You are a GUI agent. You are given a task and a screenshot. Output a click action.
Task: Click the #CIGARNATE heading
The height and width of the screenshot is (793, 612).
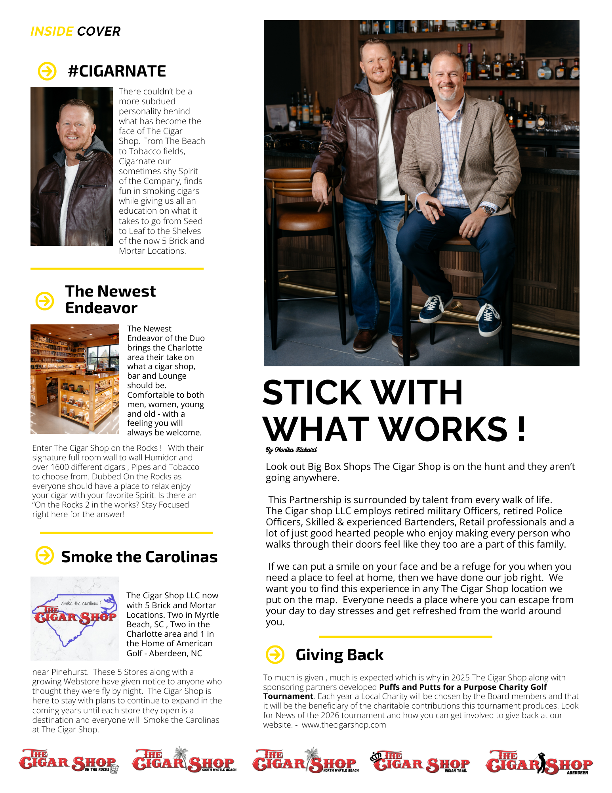click(117, 71)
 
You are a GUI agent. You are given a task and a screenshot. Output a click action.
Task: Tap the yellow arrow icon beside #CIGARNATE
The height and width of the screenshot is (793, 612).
click(47, 71)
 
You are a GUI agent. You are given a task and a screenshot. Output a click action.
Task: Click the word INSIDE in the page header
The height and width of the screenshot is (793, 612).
click(52, 31)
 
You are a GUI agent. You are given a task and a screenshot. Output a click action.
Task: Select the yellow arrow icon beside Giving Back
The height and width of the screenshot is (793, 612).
click(275, 654)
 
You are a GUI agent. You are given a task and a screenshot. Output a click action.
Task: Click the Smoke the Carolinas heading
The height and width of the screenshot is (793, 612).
click(139, 557)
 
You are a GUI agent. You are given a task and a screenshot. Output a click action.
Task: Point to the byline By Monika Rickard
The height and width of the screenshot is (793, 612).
click(291, 450)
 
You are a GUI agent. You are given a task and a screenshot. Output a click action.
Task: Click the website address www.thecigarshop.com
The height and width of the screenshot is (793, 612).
click(344, 725)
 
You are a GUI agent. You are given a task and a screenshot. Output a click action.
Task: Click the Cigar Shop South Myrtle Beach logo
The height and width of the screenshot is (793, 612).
click(184, 760)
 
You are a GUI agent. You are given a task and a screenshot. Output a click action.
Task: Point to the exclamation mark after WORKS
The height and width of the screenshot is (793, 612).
click(521, 429)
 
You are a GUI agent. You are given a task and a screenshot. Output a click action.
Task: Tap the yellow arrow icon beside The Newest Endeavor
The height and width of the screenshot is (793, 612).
click(45, 301)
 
